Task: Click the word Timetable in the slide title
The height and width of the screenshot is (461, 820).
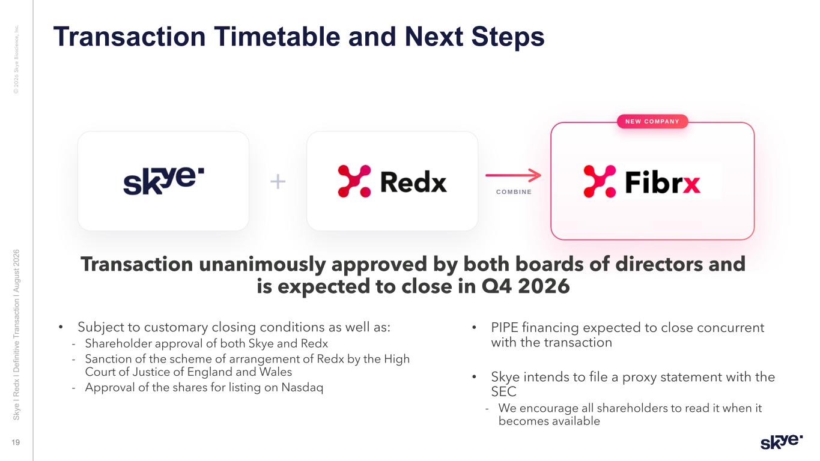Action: [x=277, y=37]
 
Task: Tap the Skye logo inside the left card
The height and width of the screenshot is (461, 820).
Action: [x=163, y=181]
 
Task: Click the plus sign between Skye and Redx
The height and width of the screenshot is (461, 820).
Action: [x=278, y=181]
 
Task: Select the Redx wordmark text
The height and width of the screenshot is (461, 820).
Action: [x=414, y=182]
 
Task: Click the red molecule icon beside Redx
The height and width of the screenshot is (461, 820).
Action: [x=354, y=181]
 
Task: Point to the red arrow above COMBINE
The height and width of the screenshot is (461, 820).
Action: [x=513, y=175]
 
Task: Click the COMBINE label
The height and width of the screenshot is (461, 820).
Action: [x=514, y=191]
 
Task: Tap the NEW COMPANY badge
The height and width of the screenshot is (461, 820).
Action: [x=652, y=121]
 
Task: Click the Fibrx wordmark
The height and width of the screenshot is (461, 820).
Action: [x=663, y=182]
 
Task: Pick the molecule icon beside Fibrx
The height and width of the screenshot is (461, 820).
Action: [x=600, y=181]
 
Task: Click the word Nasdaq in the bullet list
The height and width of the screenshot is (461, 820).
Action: [x=302, y=387]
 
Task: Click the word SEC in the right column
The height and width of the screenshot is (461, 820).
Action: [x=503, y=392]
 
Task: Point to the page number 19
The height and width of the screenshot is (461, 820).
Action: [x=16, y=442]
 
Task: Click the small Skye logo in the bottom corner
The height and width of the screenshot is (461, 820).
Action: [x=782, y=442]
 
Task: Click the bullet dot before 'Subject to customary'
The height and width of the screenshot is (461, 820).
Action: [x=61, y=327]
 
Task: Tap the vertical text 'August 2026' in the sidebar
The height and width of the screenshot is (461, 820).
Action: [x=16, y=271]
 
